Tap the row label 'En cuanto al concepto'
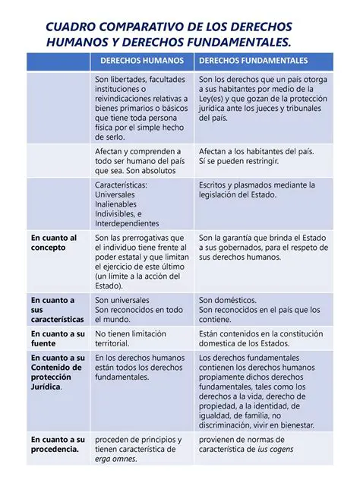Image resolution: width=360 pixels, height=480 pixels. point(53,243)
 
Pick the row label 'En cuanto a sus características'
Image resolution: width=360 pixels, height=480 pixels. point(57,310)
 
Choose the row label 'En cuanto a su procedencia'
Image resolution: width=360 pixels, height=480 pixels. point(57,444)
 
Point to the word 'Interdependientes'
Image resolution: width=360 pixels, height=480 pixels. point(127,223)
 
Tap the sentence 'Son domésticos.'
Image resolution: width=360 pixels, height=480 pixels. point(229,301)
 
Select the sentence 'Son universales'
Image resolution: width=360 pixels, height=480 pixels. point(122,301)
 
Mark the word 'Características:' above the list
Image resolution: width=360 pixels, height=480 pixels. point(122,185)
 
